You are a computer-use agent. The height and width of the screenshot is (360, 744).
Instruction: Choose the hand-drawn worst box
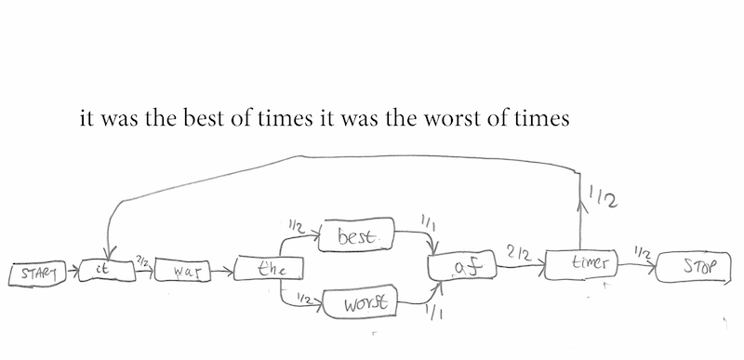pos(358,301)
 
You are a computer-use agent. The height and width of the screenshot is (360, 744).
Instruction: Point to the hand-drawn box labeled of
pos(462,267)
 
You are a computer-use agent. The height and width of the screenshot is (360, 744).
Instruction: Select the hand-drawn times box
pos(579,263)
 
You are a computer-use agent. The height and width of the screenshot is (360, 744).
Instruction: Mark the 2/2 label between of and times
pos(519,252)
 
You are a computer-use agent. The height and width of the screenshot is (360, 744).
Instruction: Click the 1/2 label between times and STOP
pos(639,251)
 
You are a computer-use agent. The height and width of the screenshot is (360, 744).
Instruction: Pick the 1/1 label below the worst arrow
pos(433,314)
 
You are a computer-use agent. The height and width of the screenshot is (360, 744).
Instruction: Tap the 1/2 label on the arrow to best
pos(298,226)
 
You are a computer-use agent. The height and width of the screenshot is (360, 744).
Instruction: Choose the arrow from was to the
pos(222,273)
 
